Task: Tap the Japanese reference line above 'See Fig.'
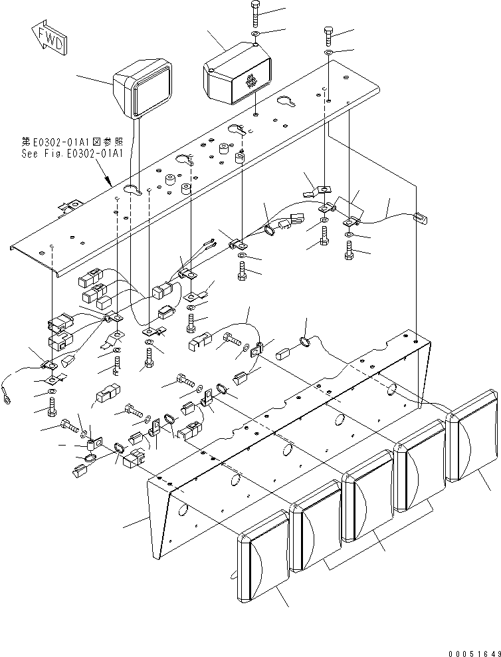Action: tap(71, 142)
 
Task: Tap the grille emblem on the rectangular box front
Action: tap(250, 83)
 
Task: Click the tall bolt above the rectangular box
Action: tap(256, 14)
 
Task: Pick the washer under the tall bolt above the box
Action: tap(256, 33)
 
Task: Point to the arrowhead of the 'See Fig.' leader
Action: tap(111, 182)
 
